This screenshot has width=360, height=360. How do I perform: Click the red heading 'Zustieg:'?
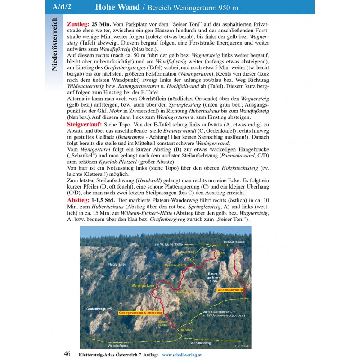(x=78, y=23)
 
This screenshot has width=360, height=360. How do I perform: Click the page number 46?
(x=67, y=354)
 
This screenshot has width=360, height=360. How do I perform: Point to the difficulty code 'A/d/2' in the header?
(x=63, y=7)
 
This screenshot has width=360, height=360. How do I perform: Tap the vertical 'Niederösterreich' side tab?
(x=55, y=45)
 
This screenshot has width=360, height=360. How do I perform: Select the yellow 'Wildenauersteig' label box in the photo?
(x=229, y=290)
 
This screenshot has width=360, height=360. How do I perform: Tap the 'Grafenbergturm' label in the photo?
(x=99, y=309)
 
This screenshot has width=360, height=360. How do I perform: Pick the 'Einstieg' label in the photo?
(x=186, y=330)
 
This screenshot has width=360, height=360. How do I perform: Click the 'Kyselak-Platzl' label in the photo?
(x=175, y=265)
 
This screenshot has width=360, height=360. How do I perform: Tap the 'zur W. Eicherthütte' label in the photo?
(x=167, y=244)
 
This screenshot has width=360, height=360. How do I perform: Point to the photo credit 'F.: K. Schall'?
(x=242, y=346)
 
